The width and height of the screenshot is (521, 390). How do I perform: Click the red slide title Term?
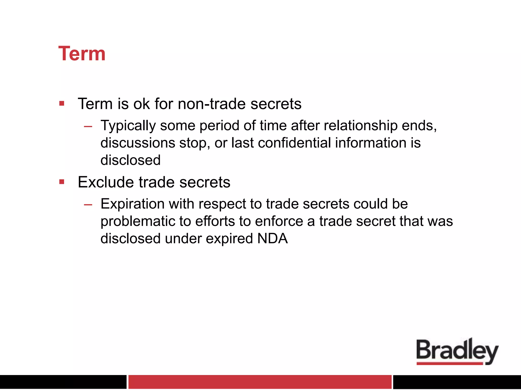(x=82, y=54)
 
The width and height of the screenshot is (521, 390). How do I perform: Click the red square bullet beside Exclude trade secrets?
(x=62, y=182)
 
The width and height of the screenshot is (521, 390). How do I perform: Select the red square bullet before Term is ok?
(x=62, y=103)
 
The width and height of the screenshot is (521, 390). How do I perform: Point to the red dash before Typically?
(x=88, y=126)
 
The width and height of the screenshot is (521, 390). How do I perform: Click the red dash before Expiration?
(x=88, y=204)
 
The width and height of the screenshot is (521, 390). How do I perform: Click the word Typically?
(x=128, y=125)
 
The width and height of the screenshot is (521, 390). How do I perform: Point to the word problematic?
(x=138, y=221)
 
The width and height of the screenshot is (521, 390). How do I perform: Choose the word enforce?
(x=279, y=221)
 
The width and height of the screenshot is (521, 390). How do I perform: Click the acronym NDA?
(x=272, y=238)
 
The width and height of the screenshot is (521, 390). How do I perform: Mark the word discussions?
(x=138, y=143)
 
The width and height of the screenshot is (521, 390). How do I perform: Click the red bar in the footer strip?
(x=260, y=382)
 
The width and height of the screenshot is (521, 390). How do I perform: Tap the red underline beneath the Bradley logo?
(x=450, y=364)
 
